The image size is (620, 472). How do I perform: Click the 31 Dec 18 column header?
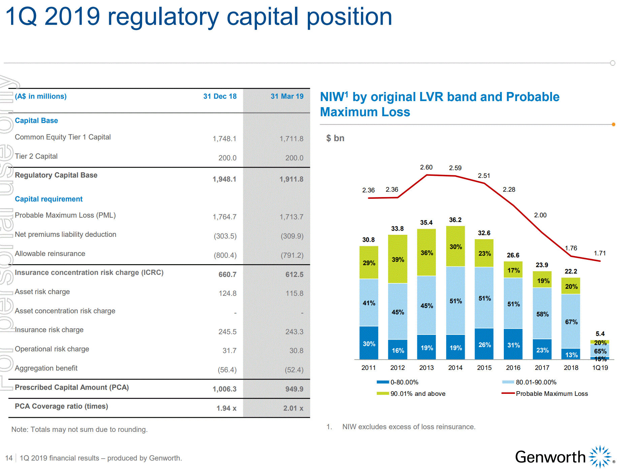[x=220, y=96]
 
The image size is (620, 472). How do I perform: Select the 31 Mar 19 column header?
[x=287, y=96]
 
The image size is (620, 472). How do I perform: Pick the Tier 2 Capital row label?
[x=36, y=156]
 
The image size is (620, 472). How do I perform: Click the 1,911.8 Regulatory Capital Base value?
[x=291, y=179]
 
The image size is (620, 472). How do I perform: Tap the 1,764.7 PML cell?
[x=224, y=217]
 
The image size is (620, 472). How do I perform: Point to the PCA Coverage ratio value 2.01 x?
[x=293, y=408]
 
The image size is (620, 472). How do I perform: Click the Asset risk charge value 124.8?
[x=227, y=293]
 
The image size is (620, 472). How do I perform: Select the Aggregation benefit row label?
[x=46, y=368]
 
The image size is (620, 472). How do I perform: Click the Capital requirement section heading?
[x=48, y=199]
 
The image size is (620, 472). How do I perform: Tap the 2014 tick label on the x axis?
[x=455, y=368]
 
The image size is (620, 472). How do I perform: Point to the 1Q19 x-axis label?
[x=600, y=368]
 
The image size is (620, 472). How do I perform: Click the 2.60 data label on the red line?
[x=426, y=167]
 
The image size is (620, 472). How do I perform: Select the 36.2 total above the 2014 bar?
[x=455, y=220]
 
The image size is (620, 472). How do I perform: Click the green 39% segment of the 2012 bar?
[x=398, y=259]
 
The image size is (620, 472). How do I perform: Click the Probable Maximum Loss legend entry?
[x=552, y=394]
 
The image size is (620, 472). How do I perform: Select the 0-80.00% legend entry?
[x=404, y=382]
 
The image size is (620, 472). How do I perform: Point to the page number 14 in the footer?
[x=9, y=458]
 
